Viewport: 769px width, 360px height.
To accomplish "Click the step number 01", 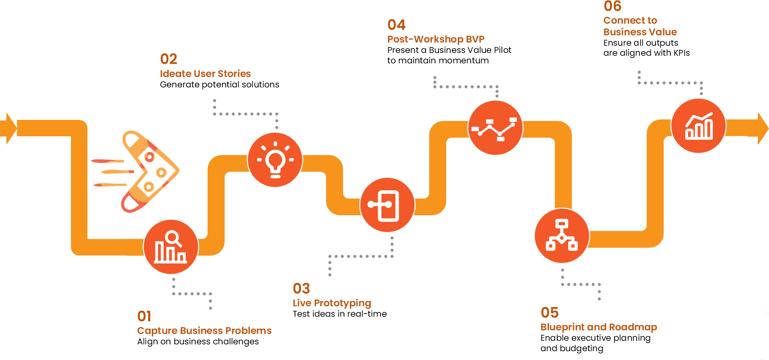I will (x=144, y=316).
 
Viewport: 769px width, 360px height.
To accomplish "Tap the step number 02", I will (x=168, y=59).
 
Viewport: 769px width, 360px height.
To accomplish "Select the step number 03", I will (x=301, y=289).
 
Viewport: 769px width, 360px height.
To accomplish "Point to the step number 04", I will (x=396, y=25).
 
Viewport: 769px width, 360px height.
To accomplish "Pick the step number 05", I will (x=549, y=313).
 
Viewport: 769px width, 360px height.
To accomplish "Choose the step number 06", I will (x=612, y=6).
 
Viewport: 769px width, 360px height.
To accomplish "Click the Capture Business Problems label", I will (x=204, y=331).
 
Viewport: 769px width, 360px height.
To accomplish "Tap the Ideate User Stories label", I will (x=205, y=74).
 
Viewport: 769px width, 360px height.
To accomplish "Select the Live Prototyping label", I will (x=332, y=303).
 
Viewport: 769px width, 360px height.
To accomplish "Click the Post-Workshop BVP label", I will (x=436, y=39).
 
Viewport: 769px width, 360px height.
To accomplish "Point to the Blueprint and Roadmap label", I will (x=599, y=327).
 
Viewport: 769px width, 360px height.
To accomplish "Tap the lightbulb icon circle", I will (x=275, y=160).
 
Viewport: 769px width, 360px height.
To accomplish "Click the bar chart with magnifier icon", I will (x=171, y=247).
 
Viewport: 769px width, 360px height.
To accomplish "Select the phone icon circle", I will (x=387, y=205).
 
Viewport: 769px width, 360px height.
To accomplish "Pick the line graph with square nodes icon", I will (x=496, y=128).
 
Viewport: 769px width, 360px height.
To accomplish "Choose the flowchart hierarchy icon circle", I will (x=562, y=236).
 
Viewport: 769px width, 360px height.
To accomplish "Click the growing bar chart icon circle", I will (x=698, y=126).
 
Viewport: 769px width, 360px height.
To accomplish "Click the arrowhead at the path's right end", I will (x=762, y=128).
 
